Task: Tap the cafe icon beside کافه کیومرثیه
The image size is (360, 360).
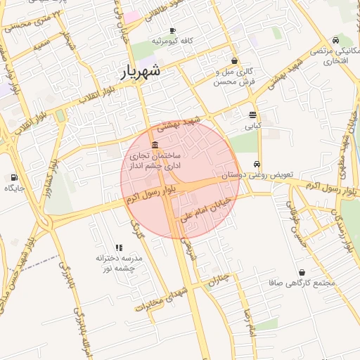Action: point(173,30)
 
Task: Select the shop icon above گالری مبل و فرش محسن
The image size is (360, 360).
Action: point(233,61)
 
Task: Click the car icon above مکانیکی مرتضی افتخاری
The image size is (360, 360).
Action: point(337,40)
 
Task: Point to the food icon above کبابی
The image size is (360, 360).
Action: point(252,115)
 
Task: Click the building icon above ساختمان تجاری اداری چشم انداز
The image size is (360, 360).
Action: point(155,144)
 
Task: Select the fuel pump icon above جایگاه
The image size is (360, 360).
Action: point(13,177)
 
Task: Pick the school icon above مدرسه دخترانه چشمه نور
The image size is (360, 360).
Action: point(119,248)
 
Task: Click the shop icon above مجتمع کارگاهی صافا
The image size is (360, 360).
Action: point(302,272)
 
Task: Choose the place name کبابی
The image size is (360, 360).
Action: point(252,127)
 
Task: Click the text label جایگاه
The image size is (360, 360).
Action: point(14,188)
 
